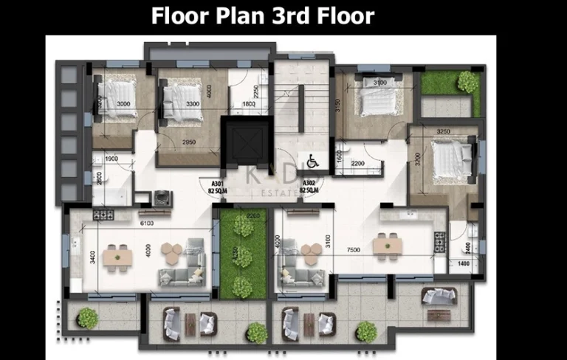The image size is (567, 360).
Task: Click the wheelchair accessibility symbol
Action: [x=313, y=160]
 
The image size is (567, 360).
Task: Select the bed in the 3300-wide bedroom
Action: [x=179, y=98]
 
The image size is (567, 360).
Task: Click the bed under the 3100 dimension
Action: [x=376, y=103]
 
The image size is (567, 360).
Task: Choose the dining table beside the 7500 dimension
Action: [x=382, y=244]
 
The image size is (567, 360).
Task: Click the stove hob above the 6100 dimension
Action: [x=103, y=215]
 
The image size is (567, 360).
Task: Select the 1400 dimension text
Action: [x=463, y=263]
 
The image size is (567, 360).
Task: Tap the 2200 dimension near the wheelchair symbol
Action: [x=358, y=163]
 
